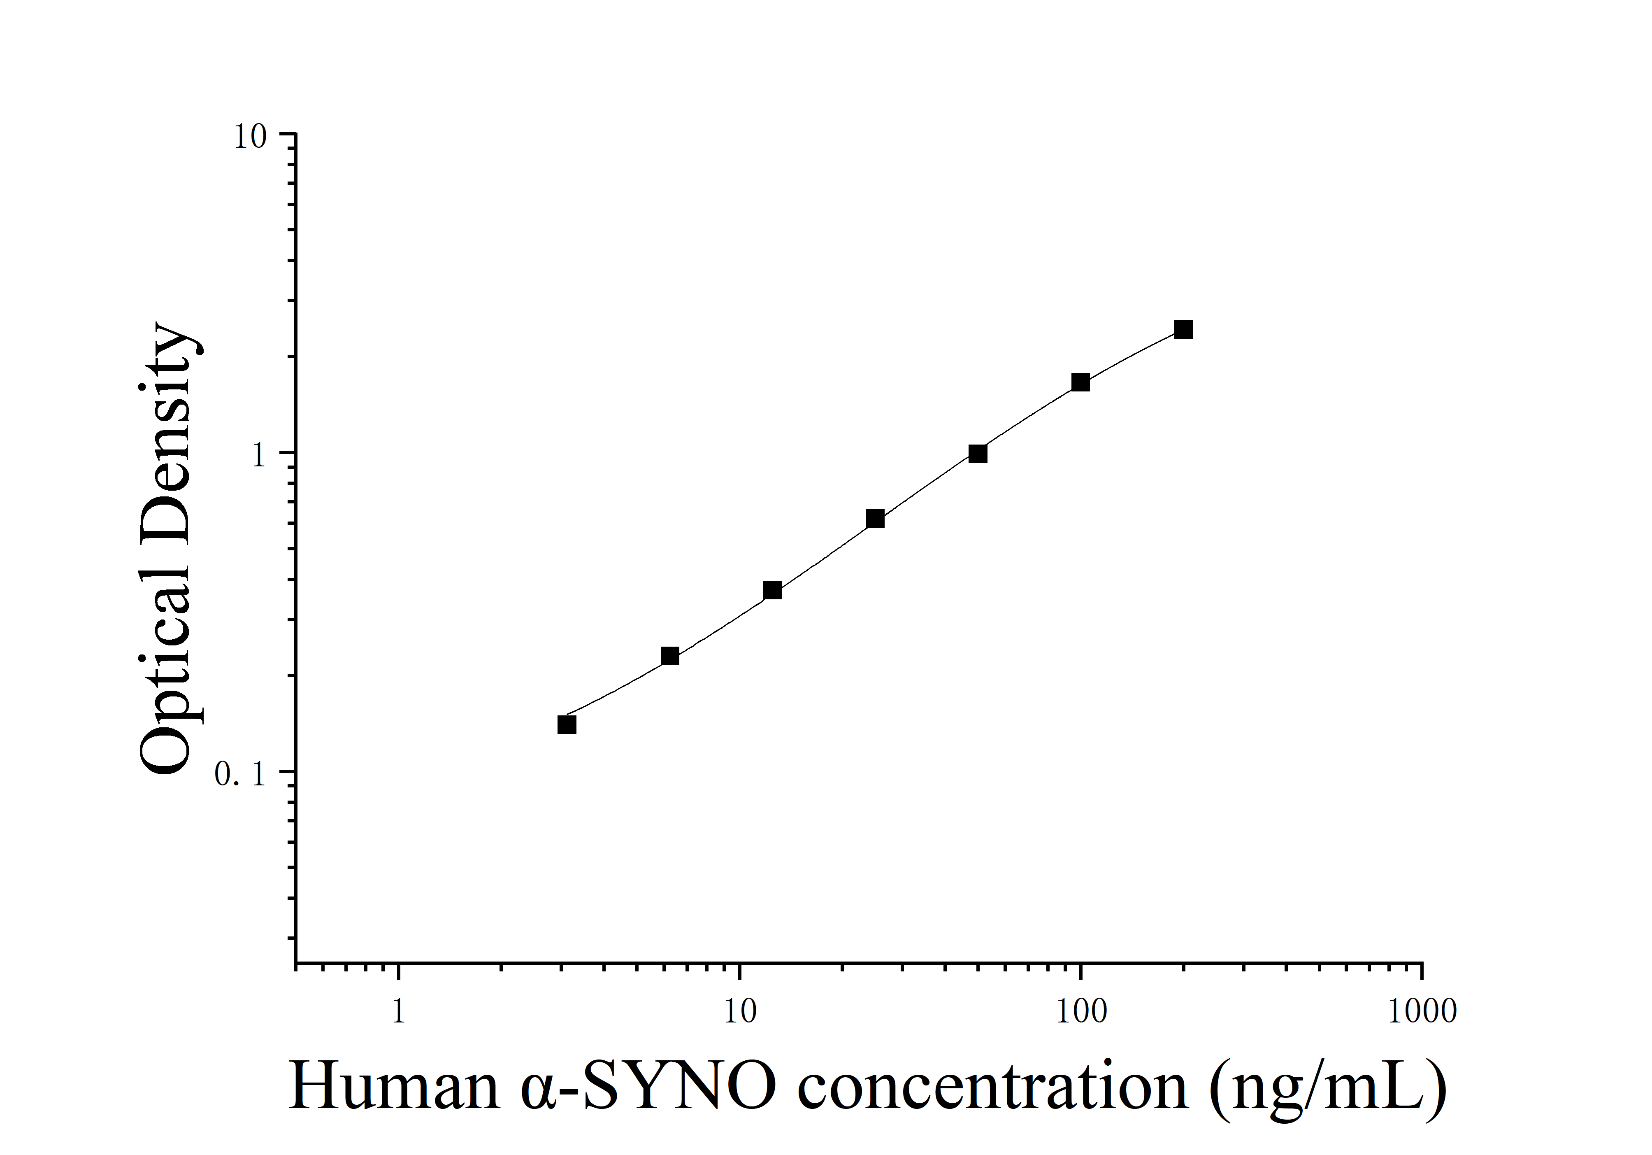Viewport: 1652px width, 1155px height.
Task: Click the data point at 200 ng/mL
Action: click(x=1183, y=330)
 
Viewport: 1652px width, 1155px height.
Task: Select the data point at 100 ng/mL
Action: click(x=1080, y=382)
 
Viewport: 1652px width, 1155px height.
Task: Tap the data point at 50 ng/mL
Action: click(x=977, y=453)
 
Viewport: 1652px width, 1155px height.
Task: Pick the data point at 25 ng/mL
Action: click(x=875, y=519)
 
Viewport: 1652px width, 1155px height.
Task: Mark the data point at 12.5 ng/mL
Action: click(x=772, y=590)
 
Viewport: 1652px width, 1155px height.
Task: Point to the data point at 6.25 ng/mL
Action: click(x=669, y=656)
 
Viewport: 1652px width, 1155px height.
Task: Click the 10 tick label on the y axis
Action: click(x=250, y=137)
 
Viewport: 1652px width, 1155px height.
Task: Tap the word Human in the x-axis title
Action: click(x=394, y=1087)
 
